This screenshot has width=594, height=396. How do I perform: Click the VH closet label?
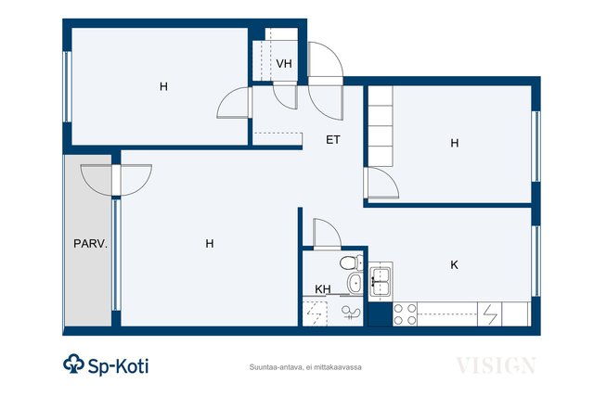point(284,64)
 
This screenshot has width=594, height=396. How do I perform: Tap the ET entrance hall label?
point(333,140)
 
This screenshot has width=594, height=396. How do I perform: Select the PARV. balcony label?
point(91,243)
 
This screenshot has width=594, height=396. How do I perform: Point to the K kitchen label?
point(454,264)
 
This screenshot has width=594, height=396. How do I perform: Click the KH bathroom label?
point(323,289)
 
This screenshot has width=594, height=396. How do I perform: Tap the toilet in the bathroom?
point(351,262)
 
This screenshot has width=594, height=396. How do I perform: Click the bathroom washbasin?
point(355,283)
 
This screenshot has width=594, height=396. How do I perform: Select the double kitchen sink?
point(381,281)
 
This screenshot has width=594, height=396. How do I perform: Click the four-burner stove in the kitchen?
point(405,314)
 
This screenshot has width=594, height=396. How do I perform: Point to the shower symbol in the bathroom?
point(351,313)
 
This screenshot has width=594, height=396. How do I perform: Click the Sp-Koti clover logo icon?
point(73,364)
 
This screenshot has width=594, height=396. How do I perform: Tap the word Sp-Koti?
point(118,366)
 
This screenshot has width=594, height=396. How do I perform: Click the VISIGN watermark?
point(496,365)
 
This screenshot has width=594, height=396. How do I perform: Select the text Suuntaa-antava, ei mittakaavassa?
point(305,367)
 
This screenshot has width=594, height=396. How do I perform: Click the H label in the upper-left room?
point(163,86)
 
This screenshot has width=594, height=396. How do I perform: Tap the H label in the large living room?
point(210,243)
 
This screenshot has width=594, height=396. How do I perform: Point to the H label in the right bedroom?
point(455,143)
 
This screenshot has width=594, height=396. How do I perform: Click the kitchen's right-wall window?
point(536,261)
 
